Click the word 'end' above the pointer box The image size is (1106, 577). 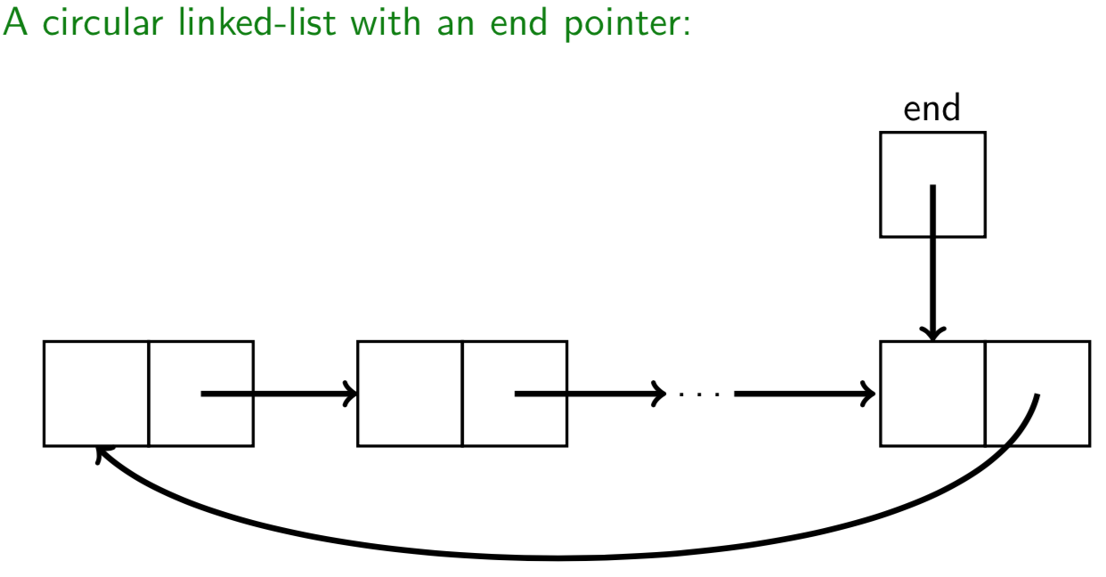pyautogui.click(x=931, y=110)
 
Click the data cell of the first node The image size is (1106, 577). pyautogui.click(x=96, y=393)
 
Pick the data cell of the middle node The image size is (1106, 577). pyautogui.click(x=410, y=393)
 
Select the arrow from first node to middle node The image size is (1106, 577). pyautogui.click(x=276, y=393)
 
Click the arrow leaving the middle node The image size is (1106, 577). pyautogui.click(x=588, y=393)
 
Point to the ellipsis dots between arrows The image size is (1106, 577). pyautogui.click(x=699, y=394)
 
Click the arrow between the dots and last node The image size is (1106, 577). pyautogui.click(x=801, y=393)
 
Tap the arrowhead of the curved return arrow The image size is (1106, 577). pyautogui.click(x=101, y=453)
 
